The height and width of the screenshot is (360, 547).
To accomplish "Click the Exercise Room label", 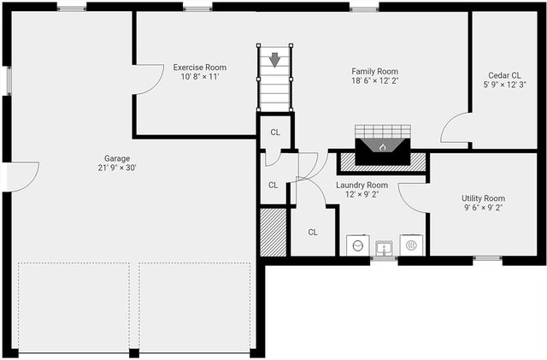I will (199, 67).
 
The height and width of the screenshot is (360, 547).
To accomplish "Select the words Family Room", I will (374, 71).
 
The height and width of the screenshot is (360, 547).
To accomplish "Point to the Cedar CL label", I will (504, 74).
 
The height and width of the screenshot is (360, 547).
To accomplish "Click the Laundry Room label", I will (362, 185).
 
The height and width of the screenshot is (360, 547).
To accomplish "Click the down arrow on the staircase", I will (274, 61).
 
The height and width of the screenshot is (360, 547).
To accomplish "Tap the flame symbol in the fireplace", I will (383, 147).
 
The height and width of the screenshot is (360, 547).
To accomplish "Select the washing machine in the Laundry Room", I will (356, 246).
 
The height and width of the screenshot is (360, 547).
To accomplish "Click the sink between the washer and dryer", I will (384, 247).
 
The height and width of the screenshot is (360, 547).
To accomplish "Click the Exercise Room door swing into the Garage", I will (147, 81).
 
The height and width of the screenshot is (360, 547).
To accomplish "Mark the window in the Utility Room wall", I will (487, 258).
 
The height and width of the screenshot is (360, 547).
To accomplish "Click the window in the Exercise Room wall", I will (198, 9).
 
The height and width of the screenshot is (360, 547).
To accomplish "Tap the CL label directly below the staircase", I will (275, 132).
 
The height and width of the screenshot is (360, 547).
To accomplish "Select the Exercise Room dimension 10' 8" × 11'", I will (199, 77).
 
